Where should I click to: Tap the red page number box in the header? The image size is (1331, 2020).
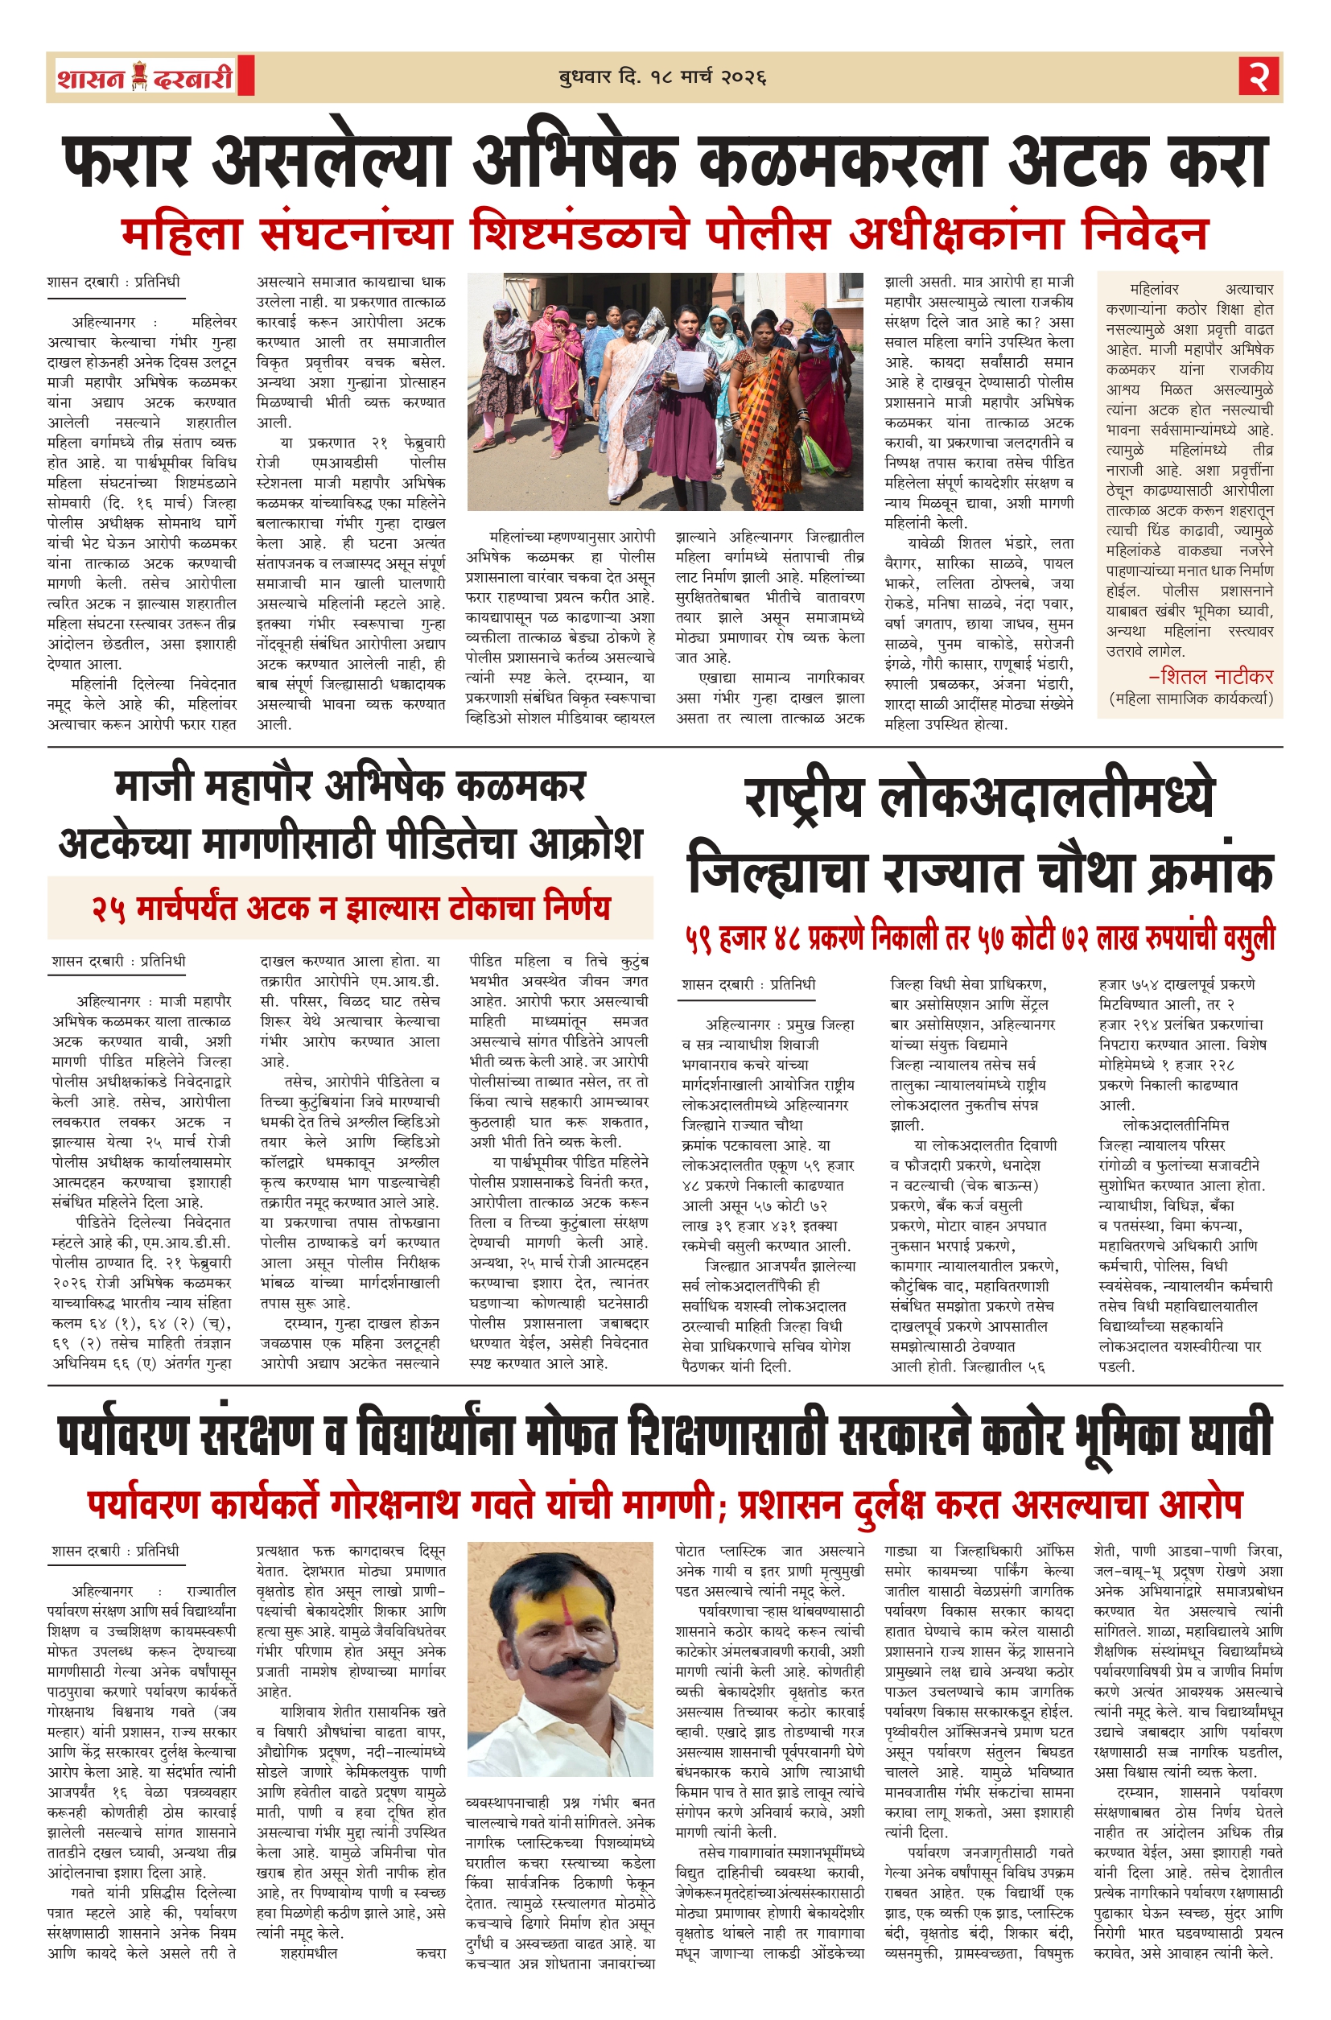pyautogui.click(x=1258, y=77)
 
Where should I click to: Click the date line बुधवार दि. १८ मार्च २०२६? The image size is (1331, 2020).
pyautogui.click(x=662, y=78)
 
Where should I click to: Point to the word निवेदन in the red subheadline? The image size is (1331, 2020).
pyautogui.click(x=1144, y=233)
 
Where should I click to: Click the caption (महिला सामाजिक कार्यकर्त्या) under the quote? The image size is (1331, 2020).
pyautogui.click(x=1191, y=699)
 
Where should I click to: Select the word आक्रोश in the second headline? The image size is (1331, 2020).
pyautogui.click(x=586, y=843)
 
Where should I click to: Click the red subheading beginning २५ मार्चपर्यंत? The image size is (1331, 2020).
pyautogui.click(x=351, y=907)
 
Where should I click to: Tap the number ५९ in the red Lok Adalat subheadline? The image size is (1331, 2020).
pyautogui.click(x=698, y=937)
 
